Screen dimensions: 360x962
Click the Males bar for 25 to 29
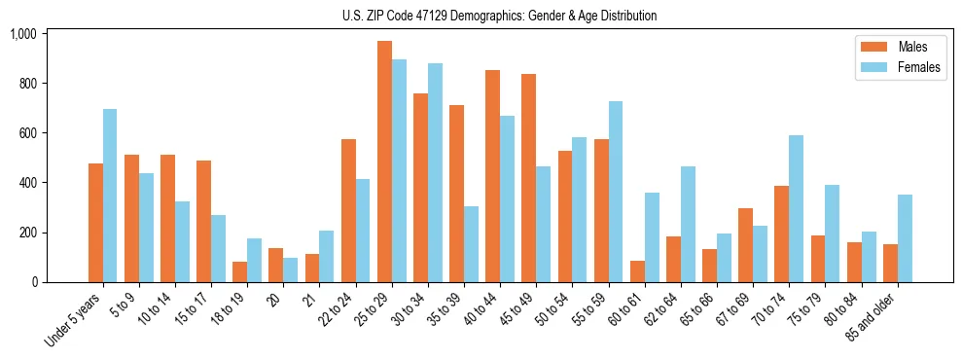point(384,162)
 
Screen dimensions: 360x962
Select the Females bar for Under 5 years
point(110,196)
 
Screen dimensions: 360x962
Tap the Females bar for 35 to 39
point(471,244)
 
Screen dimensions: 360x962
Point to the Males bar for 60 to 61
point(637,271)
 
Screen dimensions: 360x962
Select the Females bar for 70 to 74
point(796,209)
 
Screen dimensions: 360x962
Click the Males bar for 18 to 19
point(240,271)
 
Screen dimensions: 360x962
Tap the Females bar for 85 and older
point(905,238)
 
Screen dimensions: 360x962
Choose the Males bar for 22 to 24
point(348,210)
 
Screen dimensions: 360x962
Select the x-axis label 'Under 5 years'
point(74,322)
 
